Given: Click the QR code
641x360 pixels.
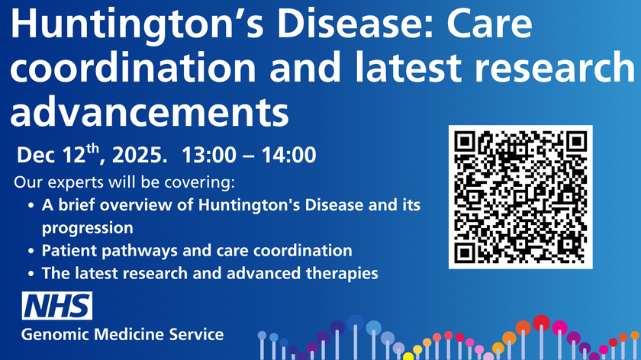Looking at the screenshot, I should [520, 196].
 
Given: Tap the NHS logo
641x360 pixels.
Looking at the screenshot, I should [57, 307].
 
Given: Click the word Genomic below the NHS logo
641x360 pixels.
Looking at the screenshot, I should [53, 334].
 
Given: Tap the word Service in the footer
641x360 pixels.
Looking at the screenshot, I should [198, 334].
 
